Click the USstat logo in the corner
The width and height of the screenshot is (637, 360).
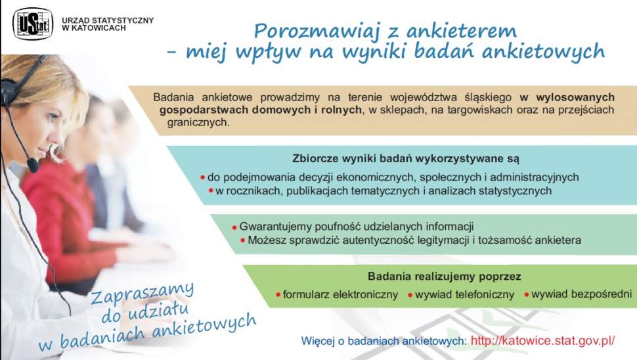33,24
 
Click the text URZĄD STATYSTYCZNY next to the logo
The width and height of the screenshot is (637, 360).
108,20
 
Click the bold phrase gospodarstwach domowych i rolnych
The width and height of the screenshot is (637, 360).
261,109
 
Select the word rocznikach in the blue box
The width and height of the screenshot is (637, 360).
257,191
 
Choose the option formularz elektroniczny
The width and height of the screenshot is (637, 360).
340,295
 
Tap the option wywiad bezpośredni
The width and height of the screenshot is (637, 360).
581,294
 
